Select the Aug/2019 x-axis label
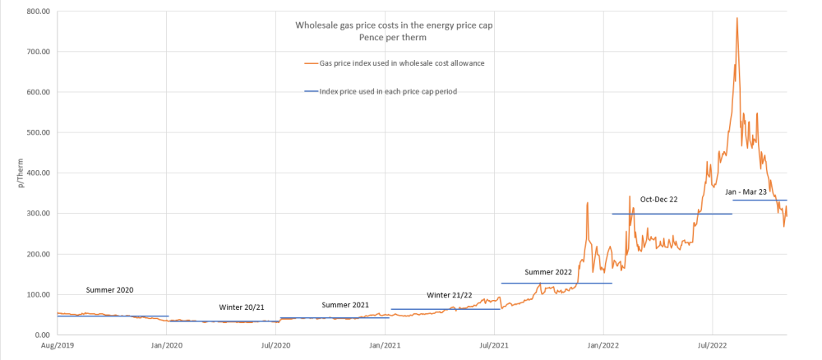click(57, 348)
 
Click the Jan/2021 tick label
click(384, 348)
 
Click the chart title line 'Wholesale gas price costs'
click(395, 25)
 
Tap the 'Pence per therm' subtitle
click(395, 38)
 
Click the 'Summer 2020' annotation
click(109, 290)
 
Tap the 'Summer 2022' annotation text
click(548, 271)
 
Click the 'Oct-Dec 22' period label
click(659, 199)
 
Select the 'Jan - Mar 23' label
click(746, 192)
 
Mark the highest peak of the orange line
click(737, 18)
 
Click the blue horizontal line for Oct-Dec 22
click(672, 214)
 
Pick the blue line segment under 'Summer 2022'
click(556, 284)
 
